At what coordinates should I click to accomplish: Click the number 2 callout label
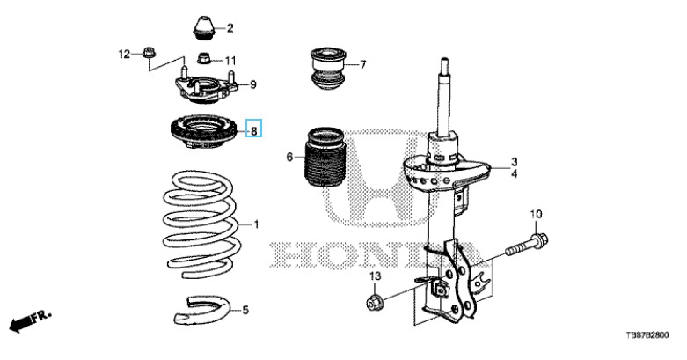click(230, 28)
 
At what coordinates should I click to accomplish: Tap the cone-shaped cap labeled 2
click(205, 28)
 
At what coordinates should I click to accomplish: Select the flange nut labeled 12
click(148, 53)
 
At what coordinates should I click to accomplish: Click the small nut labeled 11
click(204, 58)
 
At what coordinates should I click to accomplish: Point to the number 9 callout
click(253, 84)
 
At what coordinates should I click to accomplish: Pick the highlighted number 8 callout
click(253, 130)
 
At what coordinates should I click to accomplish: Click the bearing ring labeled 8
click(203, 131)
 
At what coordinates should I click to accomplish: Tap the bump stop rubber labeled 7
click(328, 70)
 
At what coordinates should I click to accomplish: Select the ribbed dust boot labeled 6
click(324, 157)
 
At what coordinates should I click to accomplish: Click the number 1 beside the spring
click(256, 225)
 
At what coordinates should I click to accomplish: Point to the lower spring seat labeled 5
click(201, 310)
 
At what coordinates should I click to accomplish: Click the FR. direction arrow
click(30, 321)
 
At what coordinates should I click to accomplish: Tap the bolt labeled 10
click(527, 246)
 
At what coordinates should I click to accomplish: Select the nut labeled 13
click(376, 302)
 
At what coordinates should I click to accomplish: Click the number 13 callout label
click(375, 276)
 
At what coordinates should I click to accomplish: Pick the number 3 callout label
click(514, 162)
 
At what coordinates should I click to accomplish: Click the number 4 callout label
click(514, 174)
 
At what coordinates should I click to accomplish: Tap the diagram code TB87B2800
click(647, 335)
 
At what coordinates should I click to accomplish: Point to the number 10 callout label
click(536, 215)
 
